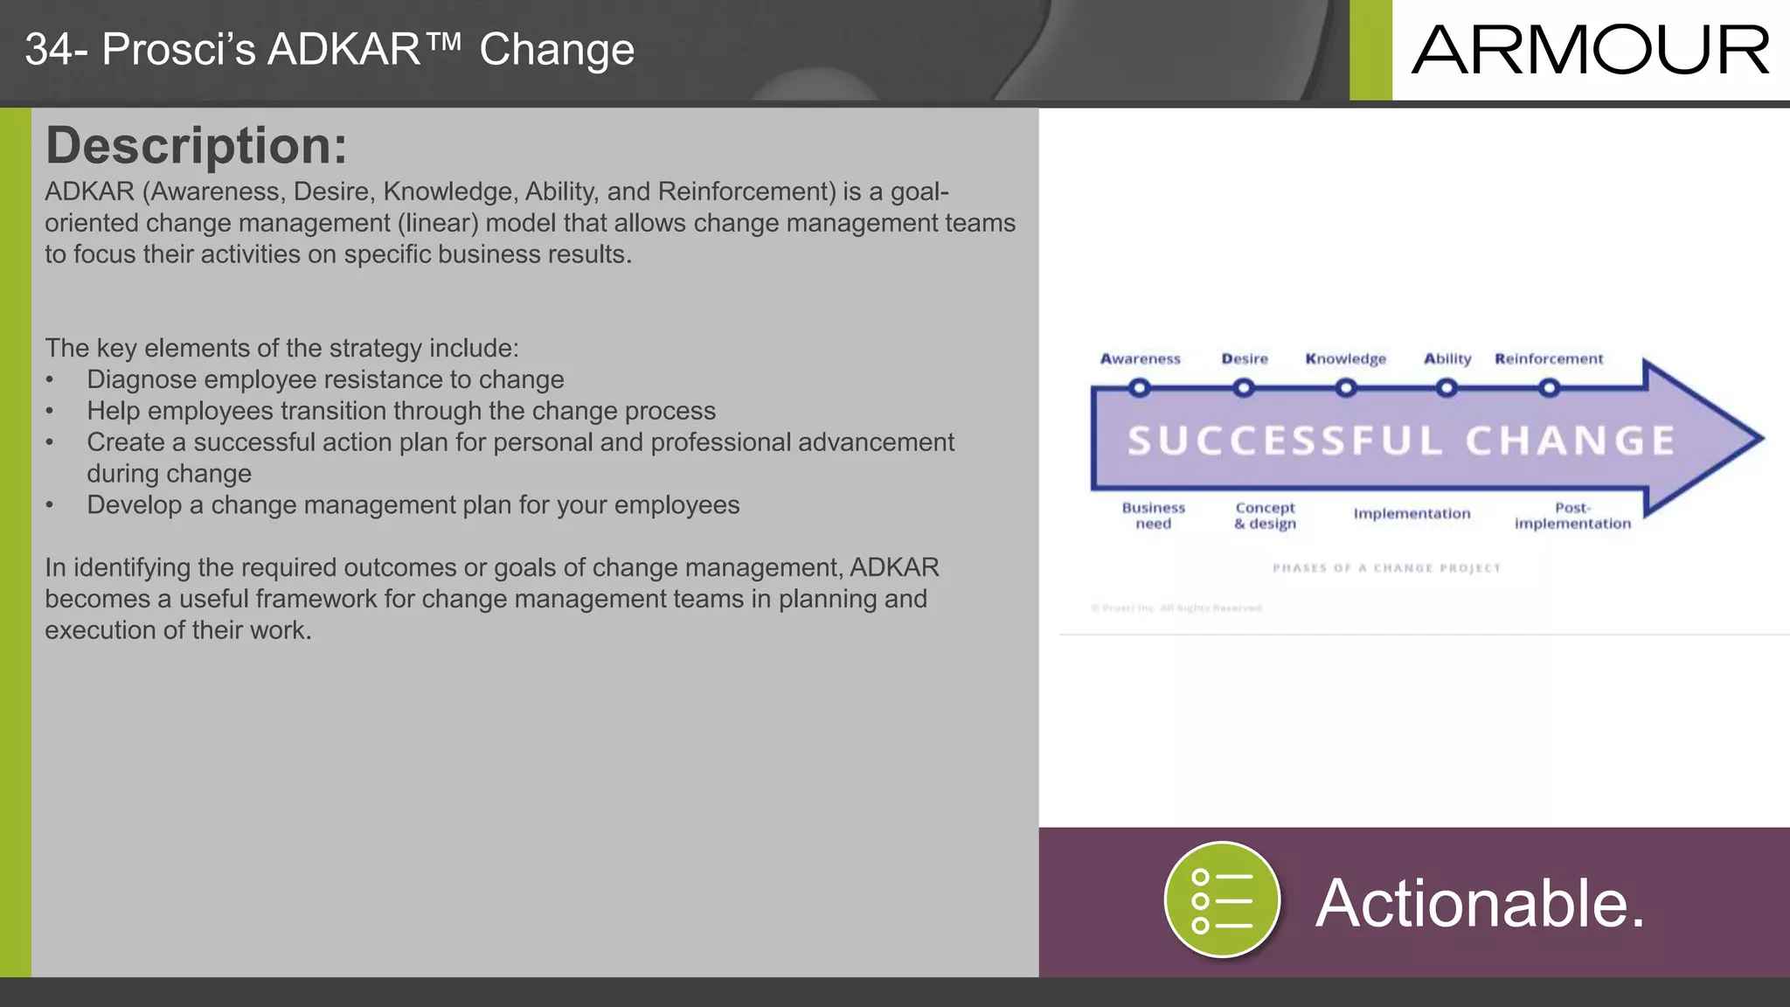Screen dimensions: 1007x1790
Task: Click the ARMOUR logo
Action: pos(1590,50)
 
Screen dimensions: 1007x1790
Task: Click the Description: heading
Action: pos(197,145)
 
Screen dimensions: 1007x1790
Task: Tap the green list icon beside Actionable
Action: pos(1222,900)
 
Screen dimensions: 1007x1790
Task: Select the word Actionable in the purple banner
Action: pos(1480,903)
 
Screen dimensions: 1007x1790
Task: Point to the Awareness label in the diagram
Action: pos(1140,358)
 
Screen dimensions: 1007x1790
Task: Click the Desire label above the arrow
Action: pos(1245,358)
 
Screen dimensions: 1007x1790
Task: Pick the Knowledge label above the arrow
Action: pos(1345,358)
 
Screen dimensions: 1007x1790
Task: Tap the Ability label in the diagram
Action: pos(1447,358)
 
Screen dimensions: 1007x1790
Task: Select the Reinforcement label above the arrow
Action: pos(1549,358)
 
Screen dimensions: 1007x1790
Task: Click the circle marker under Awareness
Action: pos(1139,387)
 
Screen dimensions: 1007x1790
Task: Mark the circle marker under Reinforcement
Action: pos(1549,387)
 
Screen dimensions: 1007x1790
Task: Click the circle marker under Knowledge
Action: pos(1346,387)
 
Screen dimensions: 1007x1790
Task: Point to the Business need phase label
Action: pos(1154,516)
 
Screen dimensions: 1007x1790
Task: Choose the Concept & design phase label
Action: pos(1265,516)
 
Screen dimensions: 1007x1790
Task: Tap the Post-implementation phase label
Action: pos(1572,516)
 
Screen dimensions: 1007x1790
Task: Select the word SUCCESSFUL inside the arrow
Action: pos(1285,441)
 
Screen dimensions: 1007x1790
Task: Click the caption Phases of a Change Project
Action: pos(1386,568)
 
